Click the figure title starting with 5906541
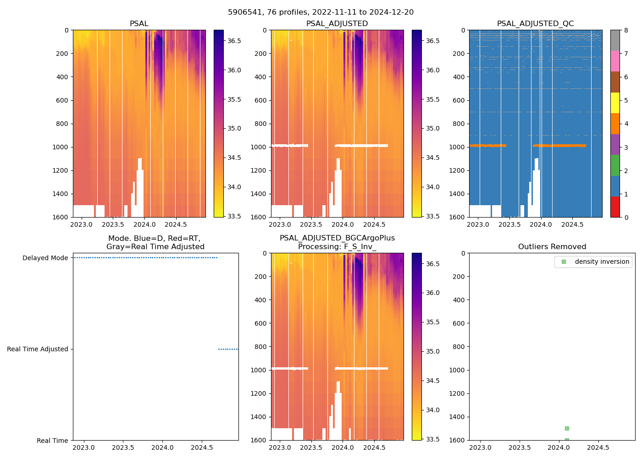pos(321,12)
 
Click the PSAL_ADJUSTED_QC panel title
pos(535,24)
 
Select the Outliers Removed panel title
pos(552,247)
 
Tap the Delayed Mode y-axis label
pos(45,258)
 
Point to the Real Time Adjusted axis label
pos(37,349)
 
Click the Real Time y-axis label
pos(52,441)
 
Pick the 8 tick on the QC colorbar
pos(626,30)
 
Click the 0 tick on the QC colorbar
pos(626,217)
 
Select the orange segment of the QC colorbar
pos(615,124)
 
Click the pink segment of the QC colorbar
pos(615,61)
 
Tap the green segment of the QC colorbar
pos(615,165)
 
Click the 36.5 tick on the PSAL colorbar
pos(234,41)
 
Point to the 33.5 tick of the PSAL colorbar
pos(234,216)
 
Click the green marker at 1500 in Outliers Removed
pos(567,428)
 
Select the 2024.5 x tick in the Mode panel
pos(201,447)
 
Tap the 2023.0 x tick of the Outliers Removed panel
pos(481,447)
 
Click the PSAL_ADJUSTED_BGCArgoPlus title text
pos(337,238)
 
